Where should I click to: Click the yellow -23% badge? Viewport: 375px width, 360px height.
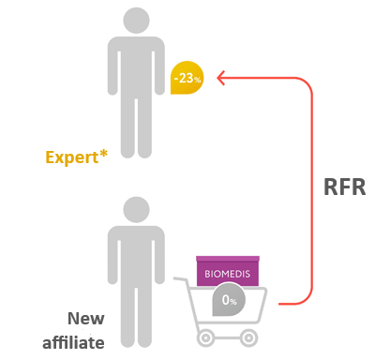coord(186,79)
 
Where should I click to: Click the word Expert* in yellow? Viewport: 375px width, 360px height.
coord(76,157)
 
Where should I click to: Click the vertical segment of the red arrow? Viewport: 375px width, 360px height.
coord(309,187)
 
